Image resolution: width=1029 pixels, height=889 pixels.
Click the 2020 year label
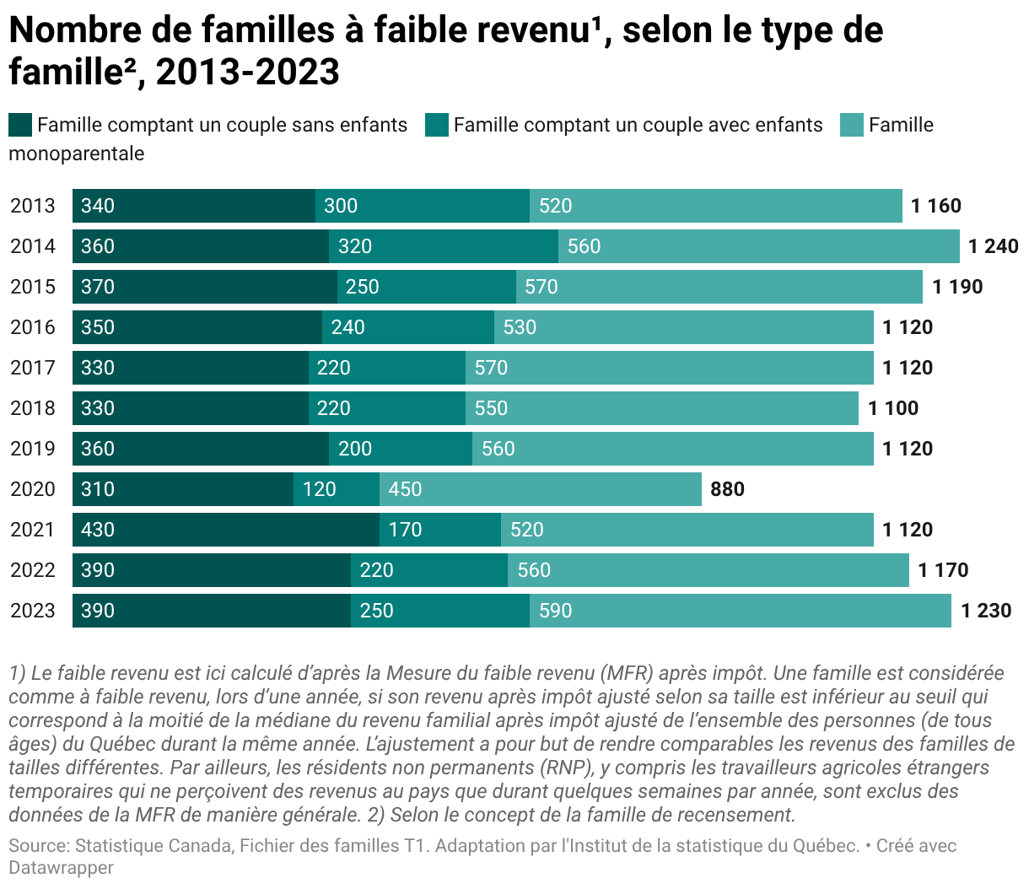coord(33,489)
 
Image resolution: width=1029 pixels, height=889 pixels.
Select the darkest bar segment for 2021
coord(226,530)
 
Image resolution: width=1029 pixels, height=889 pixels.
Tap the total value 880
coord(727,489)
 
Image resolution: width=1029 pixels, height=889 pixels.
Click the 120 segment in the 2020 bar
coord(337,489)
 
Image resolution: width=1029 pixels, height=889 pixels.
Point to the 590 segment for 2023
coord(741,611)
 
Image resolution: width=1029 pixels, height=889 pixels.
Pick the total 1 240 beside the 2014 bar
coord(994,246)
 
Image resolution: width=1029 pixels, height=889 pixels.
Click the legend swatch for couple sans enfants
coord(20,125)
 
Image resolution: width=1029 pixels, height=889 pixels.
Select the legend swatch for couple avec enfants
coord(437,125)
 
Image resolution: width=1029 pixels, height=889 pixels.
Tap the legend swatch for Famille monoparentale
coord(852,125)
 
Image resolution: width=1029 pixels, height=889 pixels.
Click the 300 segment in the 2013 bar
coord(423,206)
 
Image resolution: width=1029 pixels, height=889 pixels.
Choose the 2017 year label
coord(33,368)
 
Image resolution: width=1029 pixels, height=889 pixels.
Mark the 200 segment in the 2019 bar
coord(401,449)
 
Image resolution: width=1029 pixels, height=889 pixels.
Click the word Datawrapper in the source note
coord(62,867)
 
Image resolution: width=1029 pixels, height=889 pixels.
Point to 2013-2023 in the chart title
coord(248,72)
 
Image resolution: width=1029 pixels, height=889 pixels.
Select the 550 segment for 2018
coord(662,408)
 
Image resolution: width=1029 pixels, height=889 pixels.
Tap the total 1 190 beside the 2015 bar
coord(957,287)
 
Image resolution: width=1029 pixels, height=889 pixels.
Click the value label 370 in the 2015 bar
coord(98,287)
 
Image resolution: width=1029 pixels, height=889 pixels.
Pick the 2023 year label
coord(33,611)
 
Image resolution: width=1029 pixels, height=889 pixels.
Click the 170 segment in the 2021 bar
coord(440,530)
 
